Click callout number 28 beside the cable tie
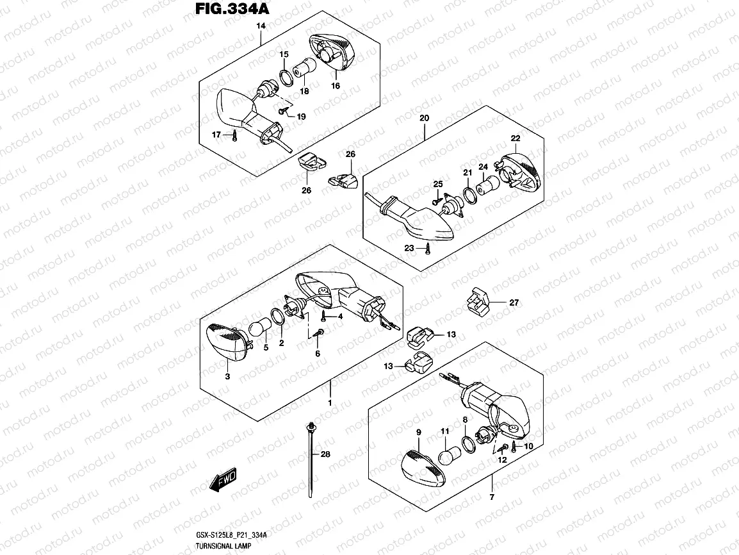point(325,454)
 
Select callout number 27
point(514,302)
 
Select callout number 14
point(261,26)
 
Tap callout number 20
point(423,118)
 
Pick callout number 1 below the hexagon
point(330,403)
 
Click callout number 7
point(492,497)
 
